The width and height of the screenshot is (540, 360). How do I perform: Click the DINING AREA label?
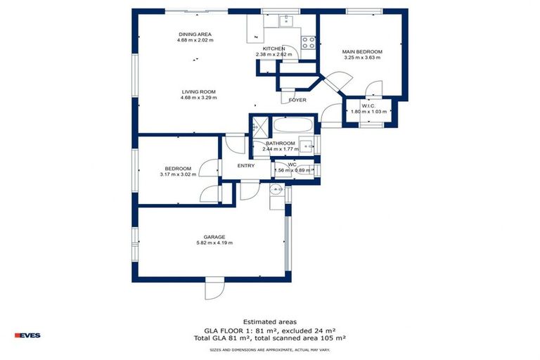click(x=195, y=34)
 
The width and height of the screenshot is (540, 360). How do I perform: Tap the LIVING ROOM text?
click(x=198, y=91)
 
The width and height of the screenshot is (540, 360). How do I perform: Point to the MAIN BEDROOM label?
click(x=362, y=51)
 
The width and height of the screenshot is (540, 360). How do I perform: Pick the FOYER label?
click(x=297, y=101)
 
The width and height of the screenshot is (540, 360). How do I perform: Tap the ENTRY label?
click(x=246, y=166)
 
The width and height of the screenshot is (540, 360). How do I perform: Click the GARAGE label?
click(x=214, y=237)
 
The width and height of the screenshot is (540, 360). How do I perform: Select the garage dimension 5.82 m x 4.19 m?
click(x=214, y=243)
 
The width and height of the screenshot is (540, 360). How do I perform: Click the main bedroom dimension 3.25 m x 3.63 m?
click(x=362, y=58)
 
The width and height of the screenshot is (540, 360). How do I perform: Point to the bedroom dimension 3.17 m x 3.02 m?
click(x=178, y=174)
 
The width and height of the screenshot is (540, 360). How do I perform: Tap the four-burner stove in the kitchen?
click(x=309, y=41)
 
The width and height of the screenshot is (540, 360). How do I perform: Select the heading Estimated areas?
click(x=270, y=322)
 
